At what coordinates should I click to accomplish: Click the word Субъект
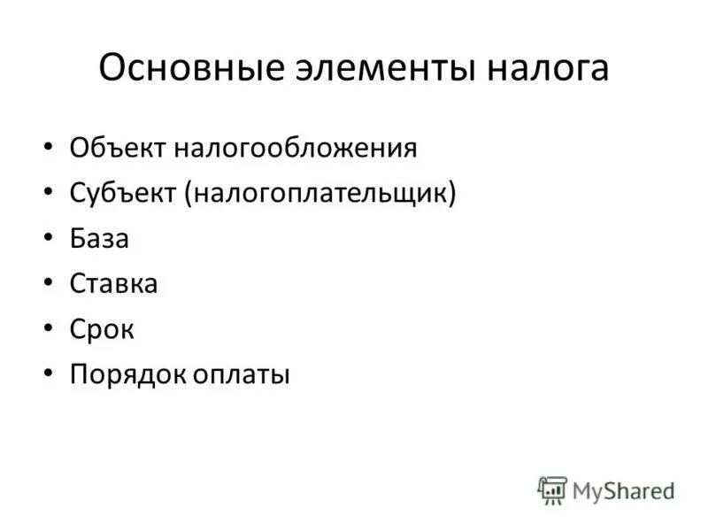(x=123, y=193)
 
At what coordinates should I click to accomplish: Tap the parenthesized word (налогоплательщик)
(x=320, y=193)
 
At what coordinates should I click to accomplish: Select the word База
(x=99, y=239)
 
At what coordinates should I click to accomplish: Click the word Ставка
(x=113, y=284)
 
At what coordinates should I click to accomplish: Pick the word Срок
(x=102, y=330)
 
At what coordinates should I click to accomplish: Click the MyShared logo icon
(x=552, y=490)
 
